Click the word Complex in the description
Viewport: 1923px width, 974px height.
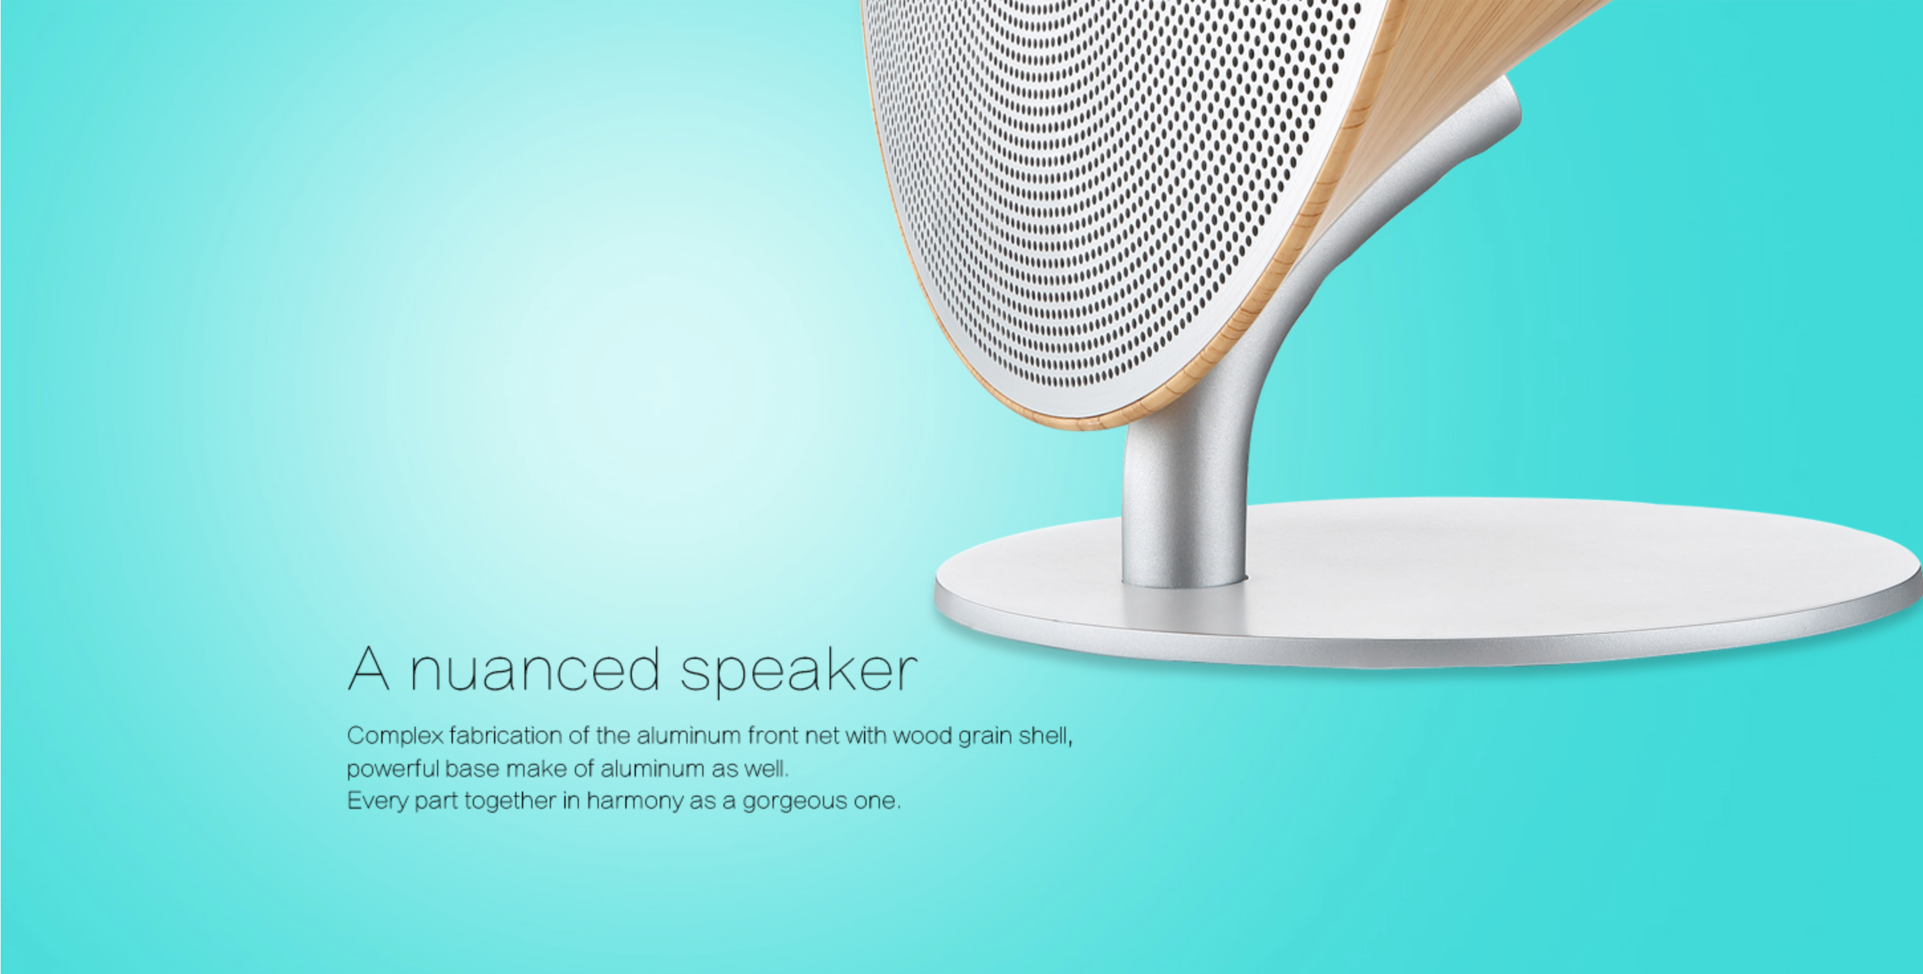pyautogui.click(x=395, y=737)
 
